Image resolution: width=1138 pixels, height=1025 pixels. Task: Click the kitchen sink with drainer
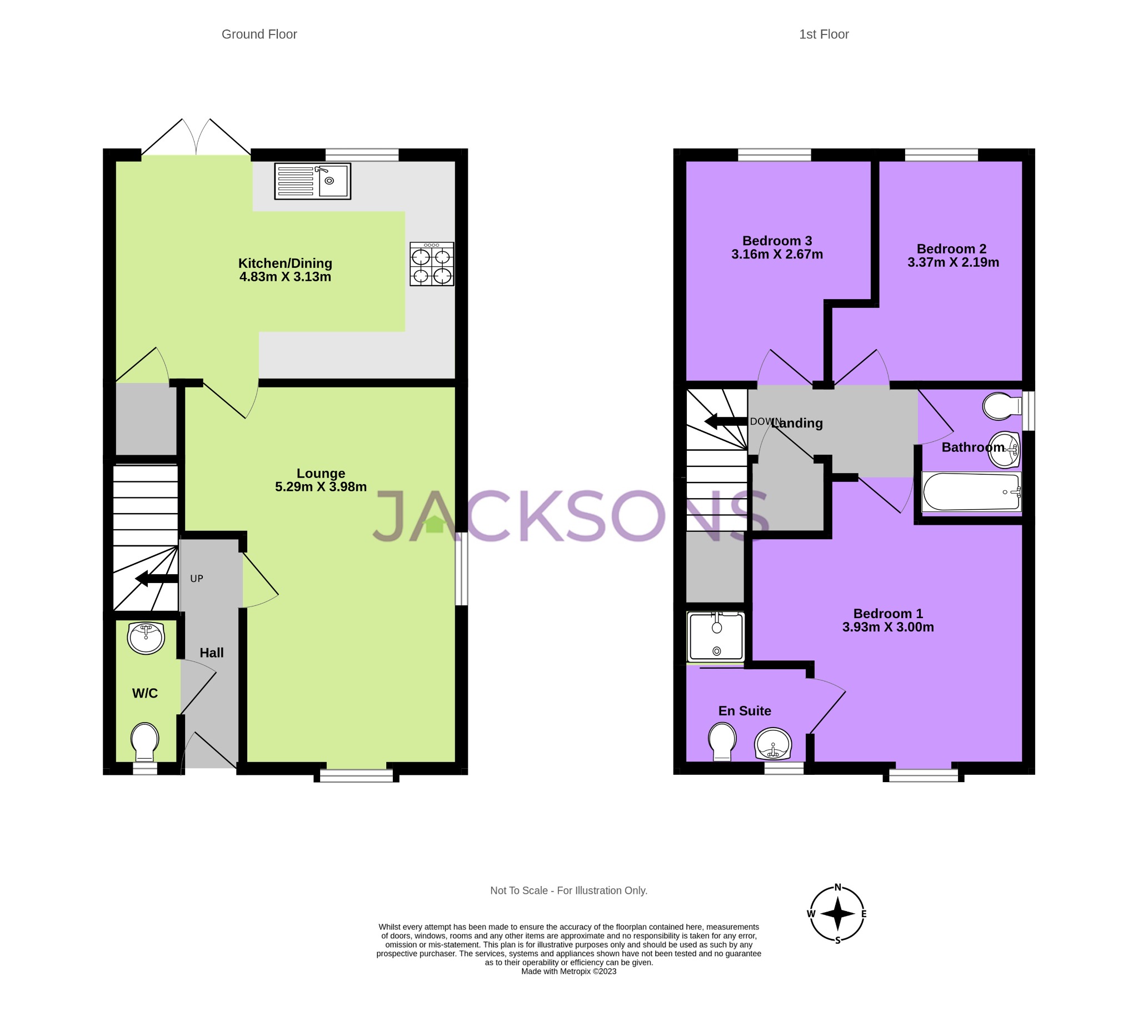pyautogui.click(x=312, y=181)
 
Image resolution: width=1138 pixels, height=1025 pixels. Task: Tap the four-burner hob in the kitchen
pyautogui.click(x=431, y=264)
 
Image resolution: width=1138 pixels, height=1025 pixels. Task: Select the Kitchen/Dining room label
pyautogui.click(x=285, y=263)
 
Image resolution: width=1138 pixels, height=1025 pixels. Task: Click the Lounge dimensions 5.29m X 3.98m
pyautogui.click(x=321, y=486)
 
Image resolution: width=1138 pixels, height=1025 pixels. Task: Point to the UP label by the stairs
pyautogui.click(x=197, y=579)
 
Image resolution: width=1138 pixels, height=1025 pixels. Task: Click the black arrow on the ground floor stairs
pyautogui.click(x=156, y=579)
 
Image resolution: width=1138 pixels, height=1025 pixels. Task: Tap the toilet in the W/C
pyautogui.click(x=144, y=740)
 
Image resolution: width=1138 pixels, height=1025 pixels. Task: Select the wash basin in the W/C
pyautogui.click(x=146, y=638)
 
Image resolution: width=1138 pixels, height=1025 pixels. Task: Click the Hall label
pyautogui.click(x=212, y=653)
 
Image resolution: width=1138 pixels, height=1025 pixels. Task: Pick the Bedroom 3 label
pyautogui.click(x=777, y=241)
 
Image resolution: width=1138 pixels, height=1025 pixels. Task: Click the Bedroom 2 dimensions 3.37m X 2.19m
pyautogui.click(x=953, y=262)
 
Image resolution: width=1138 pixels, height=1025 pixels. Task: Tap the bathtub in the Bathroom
pyautogui.click(x=971, y=492)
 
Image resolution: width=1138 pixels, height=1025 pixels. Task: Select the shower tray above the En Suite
pyautogui.click(x=716, y=636)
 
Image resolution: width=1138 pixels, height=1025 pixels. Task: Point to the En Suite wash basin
pyautogui.click(x=773, y=744)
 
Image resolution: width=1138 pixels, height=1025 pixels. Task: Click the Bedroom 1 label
pyautogui.click(x=888, y=613)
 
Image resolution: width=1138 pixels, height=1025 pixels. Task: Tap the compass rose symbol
pyautogui.click(x=837, y=914)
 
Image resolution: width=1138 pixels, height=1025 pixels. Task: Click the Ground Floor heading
pyautogui.click(x=259, y=34)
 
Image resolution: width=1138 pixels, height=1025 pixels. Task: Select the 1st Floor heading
pyautogui.click(x=824, y=34)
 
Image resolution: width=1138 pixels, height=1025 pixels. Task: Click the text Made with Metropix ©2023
pyautogui.click(x=568, y=972)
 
